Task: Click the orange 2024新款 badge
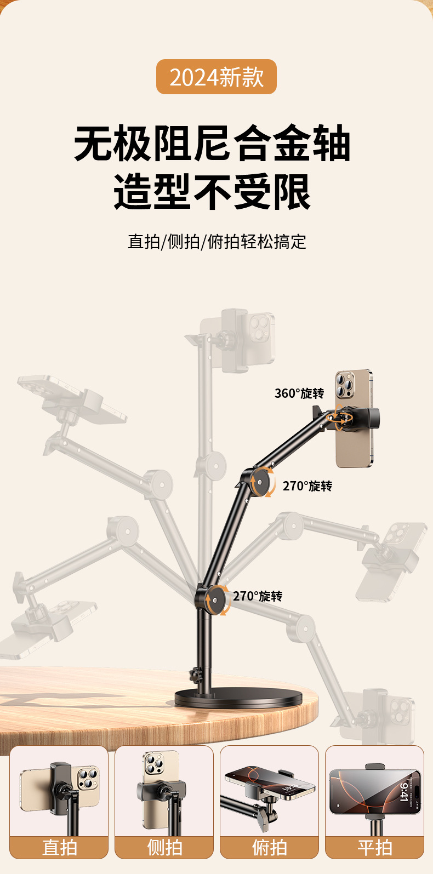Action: pyautogui.click(x=216, y=77)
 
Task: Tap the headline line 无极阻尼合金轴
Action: pyautogui.click(x=212, y=144)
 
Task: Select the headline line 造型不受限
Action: pyautogui.click(x=212, y=192)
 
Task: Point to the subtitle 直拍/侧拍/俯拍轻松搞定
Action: pyautogui.click(x=217, y=242)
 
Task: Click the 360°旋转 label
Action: pyautogui.click(x=299, y=393)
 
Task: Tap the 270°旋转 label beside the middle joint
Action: pyautogui.click(x=307, y=486)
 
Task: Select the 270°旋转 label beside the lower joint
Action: pyautogui.click(x=257, y=596)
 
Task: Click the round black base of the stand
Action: pyautogui.click(x=238, y=698)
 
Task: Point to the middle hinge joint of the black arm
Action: pyautogui.click(x=261, y=481)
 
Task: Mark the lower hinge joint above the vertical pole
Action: pyautogui.click(x=214, y=599)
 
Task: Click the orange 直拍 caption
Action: pyautogui.click(x=59, y=847)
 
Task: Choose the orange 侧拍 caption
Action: pyautogui.click(x=164, y=847)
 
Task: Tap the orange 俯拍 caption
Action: pyautogui.click(x=270, y=847)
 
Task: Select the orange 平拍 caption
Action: pyautogui.click(x=375, y=847)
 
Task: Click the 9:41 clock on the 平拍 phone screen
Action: pyautogui.click(x=404, y=792)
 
